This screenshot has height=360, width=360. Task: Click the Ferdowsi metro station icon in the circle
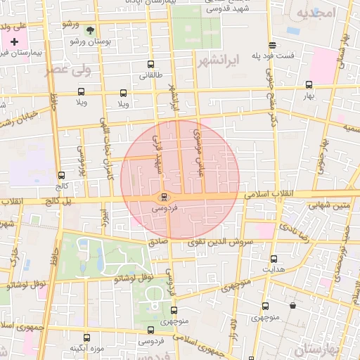tap(164, 196)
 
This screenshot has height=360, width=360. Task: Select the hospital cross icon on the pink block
tap(14, 41)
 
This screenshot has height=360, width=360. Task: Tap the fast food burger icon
tap(272, 44)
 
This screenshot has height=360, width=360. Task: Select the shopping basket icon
tap(292, 305)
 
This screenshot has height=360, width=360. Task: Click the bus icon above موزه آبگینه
tap(87, 337)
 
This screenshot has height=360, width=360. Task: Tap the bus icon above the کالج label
tap(62, 175)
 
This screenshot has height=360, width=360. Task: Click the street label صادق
tap(158, 241)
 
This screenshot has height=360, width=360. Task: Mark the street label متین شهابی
tap(330, 205)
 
